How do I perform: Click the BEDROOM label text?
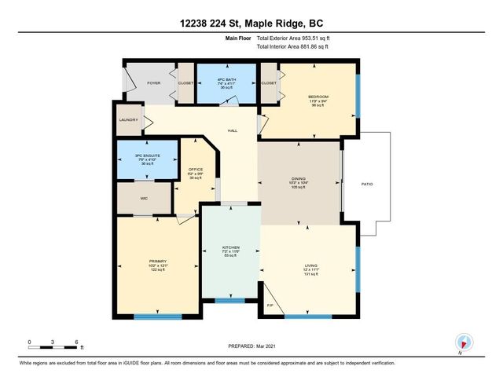click(318, 97)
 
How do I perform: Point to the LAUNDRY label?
click(128, 120)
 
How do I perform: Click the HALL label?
click(233, 130)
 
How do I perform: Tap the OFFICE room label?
click(195, 169)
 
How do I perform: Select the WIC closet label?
click(144, 199)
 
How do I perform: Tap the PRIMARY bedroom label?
click(158, 262)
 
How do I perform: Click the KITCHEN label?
click(229, 247)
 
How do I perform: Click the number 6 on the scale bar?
click(77, 342)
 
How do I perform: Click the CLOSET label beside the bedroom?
click(269, 82)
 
